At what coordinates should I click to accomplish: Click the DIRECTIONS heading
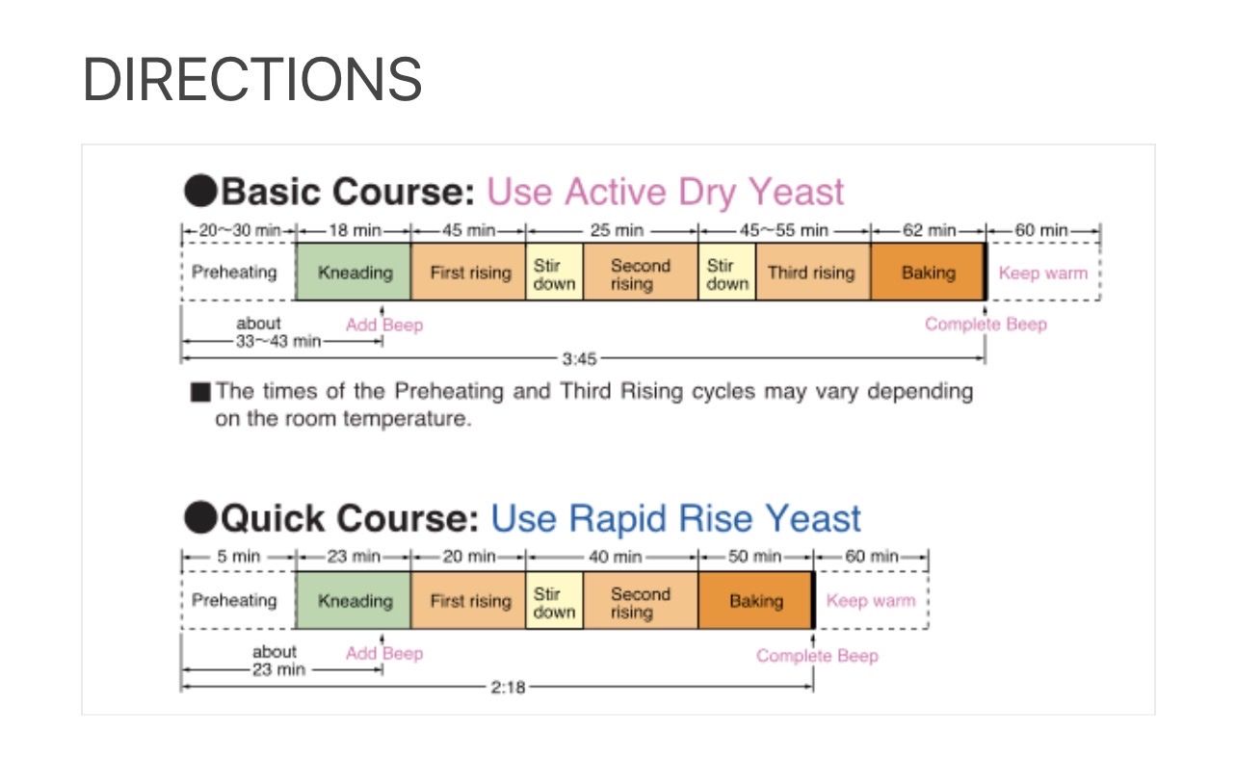coord(252,80)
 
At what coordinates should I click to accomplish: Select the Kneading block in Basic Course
coord(354,273)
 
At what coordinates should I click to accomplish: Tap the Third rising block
coord(813,273)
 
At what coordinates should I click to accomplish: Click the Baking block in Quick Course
coord(756,601)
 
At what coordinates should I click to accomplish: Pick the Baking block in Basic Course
coord(929,273)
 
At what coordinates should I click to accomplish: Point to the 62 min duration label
coord(929,230)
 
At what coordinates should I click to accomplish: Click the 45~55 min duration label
coord(784,230)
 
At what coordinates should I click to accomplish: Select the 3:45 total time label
coord(579,359)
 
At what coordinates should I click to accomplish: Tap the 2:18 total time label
coord(508,688)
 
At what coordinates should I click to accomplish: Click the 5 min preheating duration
coord(239,557)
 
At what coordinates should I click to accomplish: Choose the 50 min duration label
coord(755,557)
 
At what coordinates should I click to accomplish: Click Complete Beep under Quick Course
coord(817,656)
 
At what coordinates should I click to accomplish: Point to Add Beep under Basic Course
coord(384,325)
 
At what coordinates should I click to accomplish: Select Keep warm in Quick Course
coord(871,601)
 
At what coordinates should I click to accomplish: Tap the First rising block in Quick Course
coord(469,601)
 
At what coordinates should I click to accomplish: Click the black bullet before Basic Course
coord(200,191)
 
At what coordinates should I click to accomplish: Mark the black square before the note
coord(200,392)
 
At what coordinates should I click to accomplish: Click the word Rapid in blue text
coord(618,520)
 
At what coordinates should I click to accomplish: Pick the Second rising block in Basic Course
coord(641,273)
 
